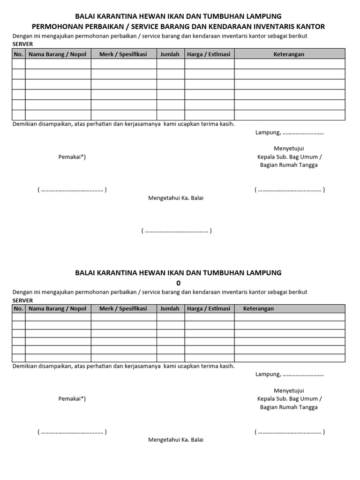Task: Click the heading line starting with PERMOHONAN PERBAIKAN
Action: (x=178, y=27)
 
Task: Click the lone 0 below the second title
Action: (x=178, y=283)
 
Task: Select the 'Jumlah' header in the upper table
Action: (x=170, y=54)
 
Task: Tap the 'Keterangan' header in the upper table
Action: (x=289, y=54)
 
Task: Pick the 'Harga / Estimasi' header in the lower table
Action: (x=209, y=308)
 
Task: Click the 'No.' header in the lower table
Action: (x=19, y=308)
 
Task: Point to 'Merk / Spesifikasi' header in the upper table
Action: (x=123, y=54)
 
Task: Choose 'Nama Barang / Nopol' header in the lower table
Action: (x=58, y=308)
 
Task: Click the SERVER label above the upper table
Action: (x=22, y=44)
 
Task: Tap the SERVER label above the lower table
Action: (x=22, y=300)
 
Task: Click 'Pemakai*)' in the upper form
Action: (x=72, y=157)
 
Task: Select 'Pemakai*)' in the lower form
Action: (x=72, y=398)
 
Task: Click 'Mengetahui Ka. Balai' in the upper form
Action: (x=176, y=198)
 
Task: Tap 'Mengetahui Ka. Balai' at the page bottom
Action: (x=176, y=440)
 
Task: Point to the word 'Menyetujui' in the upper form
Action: (x=289, y=149)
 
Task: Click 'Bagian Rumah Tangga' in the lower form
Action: (x=289, y=407)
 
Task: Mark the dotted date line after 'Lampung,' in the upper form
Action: (x=303, y=133)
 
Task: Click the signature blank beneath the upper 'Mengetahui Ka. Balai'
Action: (x=176, y=231)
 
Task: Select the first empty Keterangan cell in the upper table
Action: (x=289, y=64)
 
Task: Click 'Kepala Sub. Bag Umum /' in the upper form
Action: (x=289, y=157)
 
